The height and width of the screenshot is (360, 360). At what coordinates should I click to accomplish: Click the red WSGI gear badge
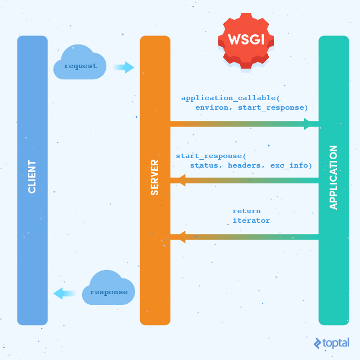tap(246, 40)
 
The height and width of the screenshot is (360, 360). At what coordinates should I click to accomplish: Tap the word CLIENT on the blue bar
tap(32, 177)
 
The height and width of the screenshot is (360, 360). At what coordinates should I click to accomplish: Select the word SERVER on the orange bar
tap(155, 178)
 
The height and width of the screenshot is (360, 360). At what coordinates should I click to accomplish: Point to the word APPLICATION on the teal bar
tap(334, 178)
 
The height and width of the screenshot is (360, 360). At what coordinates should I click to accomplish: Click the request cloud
tap(80, 62)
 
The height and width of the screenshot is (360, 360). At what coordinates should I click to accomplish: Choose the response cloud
tap(109, 287)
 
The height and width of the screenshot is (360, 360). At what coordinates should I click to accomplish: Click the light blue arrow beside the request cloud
tap(124, 67)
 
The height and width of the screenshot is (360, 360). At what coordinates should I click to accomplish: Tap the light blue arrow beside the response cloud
tap(65, 294)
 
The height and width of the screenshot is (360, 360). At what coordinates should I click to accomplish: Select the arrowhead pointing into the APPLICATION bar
tap(307, 124)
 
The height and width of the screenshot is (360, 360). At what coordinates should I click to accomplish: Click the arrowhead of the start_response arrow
tap(182, 180)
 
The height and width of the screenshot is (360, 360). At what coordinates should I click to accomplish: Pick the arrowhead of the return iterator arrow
tap(182, 237)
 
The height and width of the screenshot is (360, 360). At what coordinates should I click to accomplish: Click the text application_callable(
tap(231, 98)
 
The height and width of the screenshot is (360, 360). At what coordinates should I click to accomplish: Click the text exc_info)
tap(291, 165)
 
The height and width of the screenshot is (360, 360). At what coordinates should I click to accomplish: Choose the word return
tap(246, 211)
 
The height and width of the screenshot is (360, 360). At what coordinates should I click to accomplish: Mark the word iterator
tap(251, 220)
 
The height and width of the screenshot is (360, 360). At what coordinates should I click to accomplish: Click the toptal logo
tap(331, 343)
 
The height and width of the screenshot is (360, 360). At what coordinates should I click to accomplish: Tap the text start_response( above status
tap(211, 156)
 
